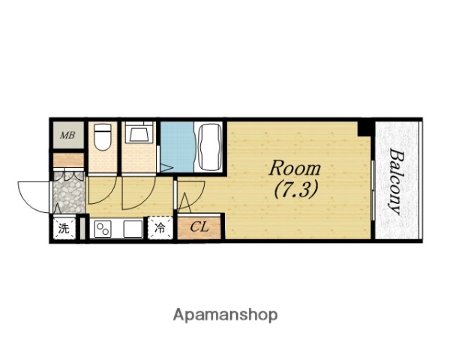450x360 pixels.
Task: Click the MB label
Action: [67, 135]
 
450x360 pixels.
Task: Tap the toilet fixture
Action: [103, 137]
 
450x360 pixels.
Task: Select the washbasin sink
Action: [139, 132]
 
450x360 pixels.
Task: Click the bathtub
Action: [209, 146]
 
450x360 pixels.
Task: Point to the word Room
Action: [295, 169]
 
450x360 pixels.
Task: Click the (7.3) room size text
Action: [296, 190]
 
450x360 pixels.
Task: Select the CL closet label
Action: [199, 227]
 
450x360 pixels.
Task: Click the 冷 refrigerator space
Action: [160, 228]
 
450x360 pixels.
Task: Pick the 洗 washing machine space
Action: [64, 228]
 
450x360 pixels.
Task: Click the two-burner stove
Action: [103, 229]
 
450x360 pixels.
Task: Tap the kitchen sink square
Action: [133, 229]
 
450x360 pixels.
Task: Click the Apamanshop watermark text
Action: [225, 315]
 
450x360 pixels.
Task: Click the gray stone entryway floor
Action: [69, 192]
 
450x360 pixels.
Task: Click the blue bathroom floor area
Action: [177, 146]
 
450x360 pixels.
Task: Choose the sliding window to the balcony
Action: [373, 190]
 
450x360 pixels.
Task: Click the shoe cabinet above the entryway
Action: [68, 160]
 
